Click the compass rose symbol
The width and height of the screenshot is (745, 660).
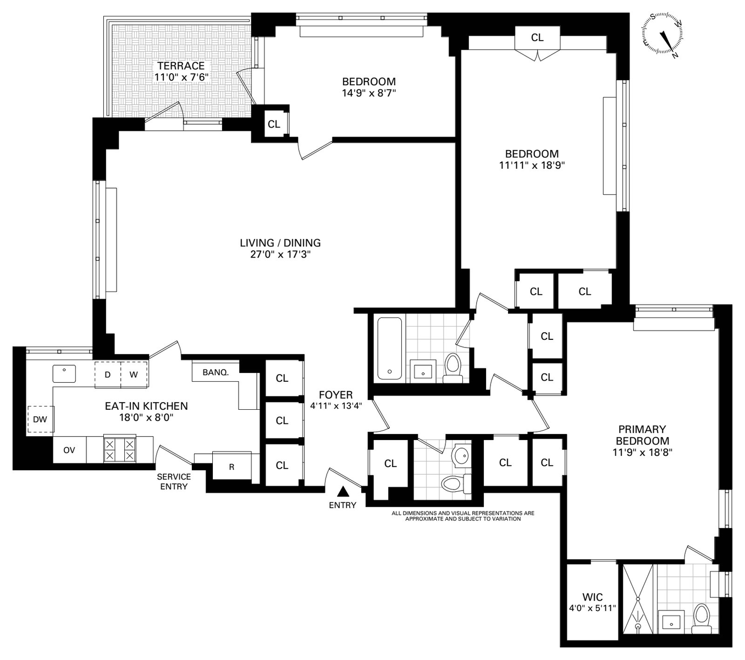[x=663, y=36]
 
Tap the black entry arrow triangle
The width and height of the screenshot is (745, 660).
[x=343, y=491]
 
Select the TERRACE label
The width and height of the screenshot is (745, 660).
[x=181, y=66]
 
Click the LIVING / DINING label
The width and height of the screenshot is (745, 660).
[x=280, y=243]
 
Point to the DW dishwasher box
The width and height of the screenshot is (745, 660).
[x=41, y=419]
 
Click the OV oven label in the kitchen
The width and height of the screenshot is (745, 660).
[x=69, y=449]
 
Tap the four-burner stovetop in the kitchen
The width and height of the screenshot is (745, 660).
[x=119, y=449]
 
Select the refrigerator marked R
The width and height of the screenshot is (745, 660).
[x=231, y=466]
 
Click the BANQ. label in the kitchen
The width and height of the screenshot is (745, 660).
[x=216, y=372]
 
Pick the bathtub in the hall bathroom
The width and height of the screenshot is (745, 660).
[x=389, y=348]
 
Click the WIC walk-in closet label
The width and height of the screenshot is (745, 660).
[x=592, y=597]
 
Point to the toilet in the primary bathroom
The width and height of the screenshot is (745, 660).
[x=700, y=619]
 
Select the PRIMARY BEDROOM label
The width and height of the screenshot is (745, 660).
[x=642, y=435]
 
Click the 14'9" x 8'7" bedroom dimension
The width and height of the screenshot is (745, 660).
[x=369, y=93]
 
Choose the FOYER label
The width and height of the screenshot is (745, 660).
[x=336, y=395]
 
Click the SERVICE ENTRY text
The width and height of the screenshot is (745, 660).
[x=174, y=481]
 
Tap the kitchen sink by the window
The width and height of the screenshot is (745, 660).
[x=64, y=373]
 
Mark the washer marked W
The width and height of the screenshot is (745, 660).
[x=134, y=375]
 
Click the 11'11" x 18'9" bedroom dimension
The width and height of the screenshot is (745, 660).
[x=532, y=165]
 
